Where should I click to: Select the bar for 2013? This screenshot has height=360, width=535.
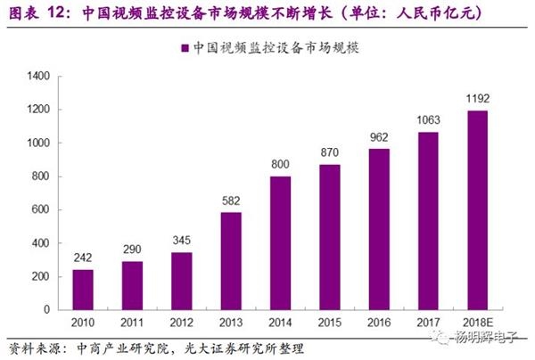231,261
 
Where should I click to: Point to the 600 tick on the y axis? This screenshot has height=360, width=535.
40,210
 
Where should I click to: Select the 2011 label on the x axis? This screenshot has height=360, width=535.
131,323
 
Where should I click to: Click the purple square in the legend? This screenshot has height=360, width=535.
185,48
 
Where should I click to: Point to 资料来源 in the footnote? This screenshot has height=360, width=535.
29,347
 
